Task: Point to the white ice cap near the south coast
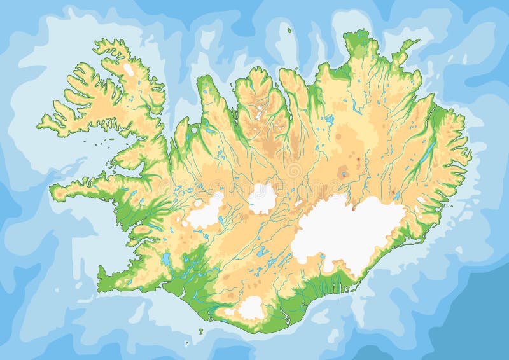[x=252, y=307]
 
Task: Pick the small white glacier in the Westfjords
[x=129, y=68]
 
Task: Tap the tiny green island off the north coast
[x=288, y=29]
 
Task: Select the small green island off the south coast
[x=201, y=331]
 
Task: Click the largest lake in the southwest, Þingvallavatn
[x=166, y=259]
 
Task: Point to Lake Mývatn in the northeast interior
[x=329, y=119]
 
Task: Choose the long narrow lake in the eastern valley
[x=428, y=155]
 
